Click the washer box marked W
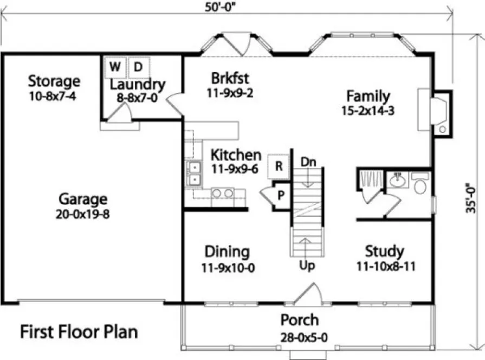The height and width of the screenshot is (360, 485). tap(114, 67)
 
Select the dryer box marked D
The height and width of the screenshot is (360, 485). tap(138, 67)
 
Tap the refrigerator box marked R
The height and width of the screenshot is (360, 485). tap(279, 166)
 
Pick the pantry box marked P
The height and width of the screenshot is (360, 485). tap(281, 193)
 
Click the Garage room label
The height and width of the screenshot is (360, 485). tap(83, 198)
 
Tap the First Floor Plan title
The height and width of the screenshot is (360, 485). tap(79, 331)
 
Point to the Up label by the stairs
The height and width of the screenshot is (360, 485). tap(307, 266)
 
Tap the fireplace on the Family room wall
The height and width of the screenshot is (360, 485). tap(439, 112)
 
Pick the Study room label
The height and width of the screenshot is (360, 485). tap(384, 252)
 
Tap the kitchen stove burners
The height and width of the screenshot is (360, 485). tap(222, 193)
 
